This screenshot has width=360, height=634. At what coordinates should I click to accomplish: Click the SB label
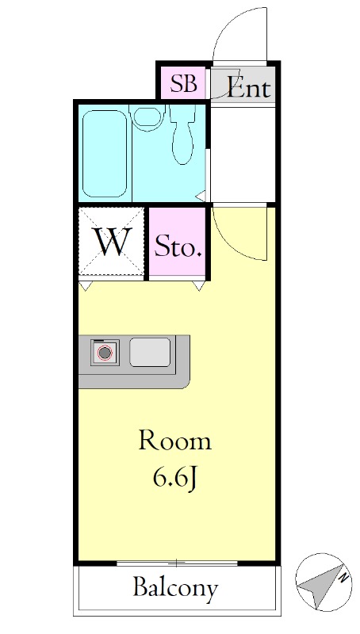(x=184, y=84)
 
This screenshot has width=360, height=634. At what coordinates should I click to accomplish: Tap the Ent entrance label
(x=248, y=87)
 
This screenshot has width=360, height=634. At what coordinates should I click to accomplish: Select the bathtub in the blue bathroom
(x=105, y=153)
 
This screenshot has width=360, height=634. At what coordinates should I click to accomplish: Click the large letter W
(x=112, y=243)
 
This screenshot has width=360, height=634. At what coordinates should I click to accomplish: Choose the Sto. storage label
(x=178, y=247)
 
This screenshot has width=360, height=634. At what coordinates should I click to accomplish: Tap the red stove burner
(x=105, y=353)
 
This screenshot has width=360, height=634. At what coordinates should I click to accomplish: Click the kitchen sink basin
(x=150, y=352)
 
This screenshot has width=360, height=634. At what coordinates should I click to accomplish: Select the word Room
(x=174, y=441)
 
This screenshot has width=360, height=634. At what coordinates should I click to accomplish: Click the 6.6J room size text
(x=176, y=479)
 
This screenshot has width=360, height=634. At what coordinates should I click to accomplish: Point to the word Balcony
(x=176, y=588)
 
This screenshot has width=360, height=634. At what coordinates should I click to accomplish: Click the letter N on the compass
(x=344, y=578)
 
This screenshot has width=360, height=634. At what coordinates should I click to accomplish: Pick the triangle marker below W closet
(x=86, y=286)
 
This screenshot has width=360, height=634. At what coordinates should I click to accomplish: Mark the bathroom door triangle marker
(x=201, y=197)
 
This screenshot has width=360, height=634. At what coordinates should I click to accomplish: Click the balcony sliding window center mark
(x=177, y=563)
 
